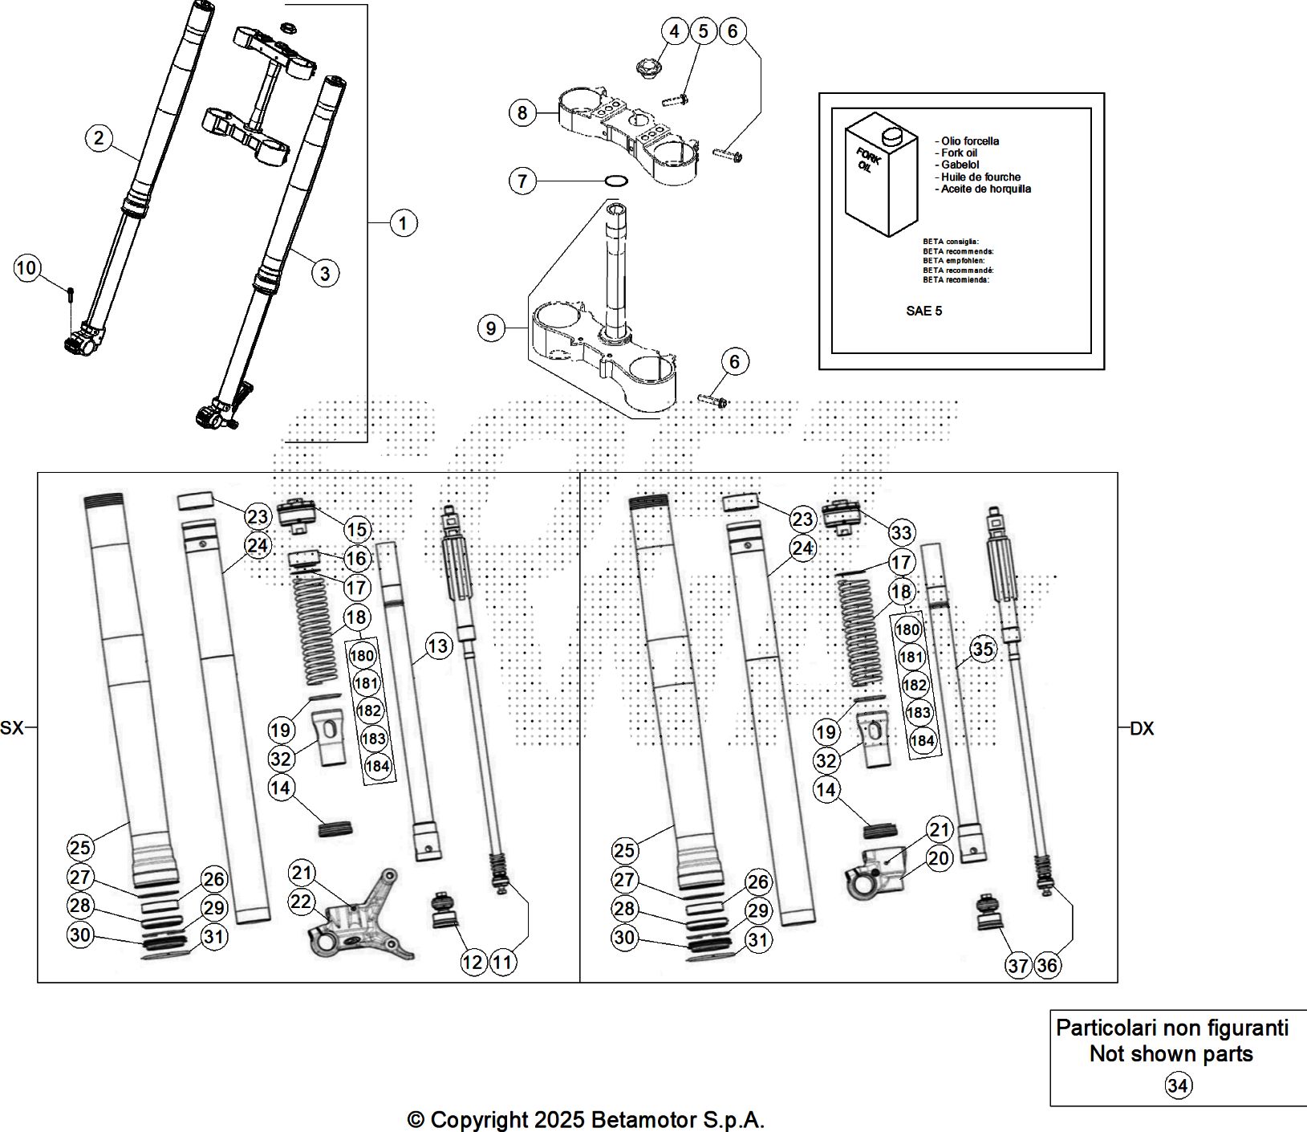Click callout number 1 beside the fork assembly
[x=403, y=222]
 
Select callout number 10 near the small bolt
[x=27, y=267]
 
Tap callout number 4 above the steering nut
[x=674, y=31]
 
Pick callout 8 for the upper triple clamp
[x=522, y=112]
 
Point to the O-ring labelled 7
[x=616, y=181]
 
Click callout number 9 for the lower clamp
[x=491, y=328]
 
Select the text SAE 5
[x=924, y=312]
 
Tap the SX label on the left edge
[x=12, y=729]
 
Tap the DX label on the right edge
[x=1142, y=729]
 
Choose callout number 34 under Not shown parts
[x=1177, y=1086]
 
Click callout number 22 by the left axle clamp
[x=301, y=902]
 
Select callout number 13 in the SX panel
[x=438, y=645]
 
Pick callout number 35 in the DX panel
[x=983, y=649]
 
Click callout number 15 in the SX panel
[x=357, y=529]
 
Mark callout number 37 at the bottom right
[x=1018, y=966]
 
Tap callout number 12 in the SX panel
[x=473, y=962]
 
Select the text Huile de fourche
[x=981, y=177]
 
